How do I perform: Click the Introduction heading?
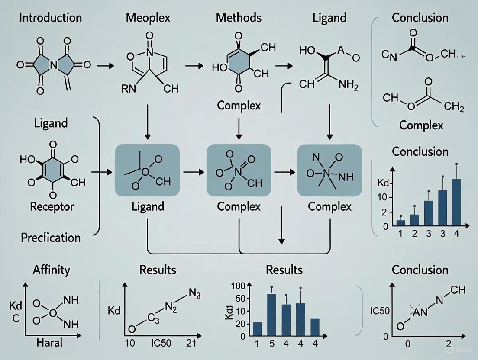51,18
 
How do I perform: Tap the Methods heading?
239,18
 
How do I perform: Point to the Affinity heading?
51,270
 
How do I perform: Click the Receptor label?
52,206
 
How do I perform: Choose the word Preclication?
50,238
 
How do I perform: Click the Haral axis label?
48,343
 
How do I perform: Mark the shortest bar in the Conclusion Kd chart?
400,223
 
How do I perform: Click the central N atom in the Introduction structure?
53,65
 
